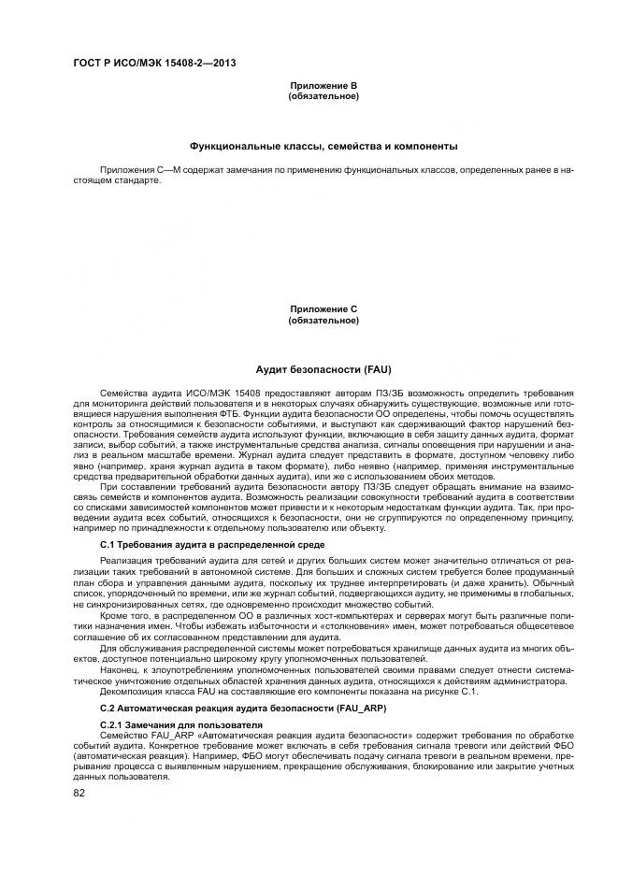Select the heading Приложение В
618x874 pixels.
(323, 86)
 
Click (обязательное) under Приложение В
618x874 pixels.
(323, 96)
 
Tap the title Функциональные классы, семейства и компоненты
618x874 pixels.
(323, 147)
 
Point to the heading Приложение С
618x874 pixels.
(323, 309)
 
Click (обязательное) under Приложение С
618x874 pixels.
(323, 321)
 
